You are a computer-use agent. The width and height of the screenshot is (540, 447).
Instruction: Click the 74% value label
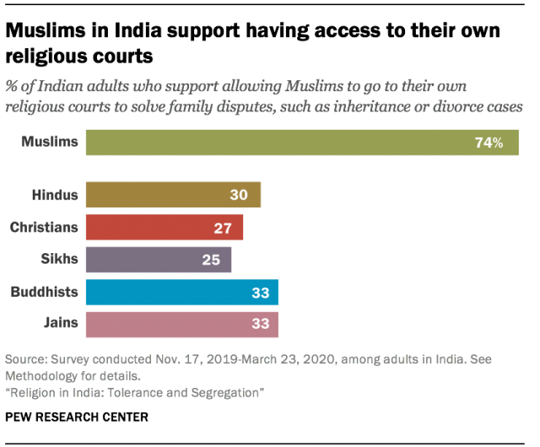point(489,143)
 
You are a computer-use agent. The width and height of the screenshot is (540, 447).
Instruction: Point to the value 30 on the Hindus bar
point(239,195)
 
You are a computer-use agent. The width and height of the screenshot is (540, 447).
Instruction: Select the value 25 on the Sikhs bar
point(210,260)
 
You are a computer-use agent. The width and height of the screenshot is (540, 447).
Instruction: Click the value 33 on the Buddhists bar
point(259,292)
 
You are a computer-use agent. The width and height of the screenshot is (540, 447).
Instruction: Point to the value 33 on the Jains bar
point(259,324)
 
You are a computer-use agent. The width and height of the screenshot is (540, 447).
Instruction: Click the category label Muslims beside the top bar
point(50,143)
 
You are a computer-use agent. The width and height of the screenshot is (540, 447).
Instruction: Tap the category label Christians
point(44,228)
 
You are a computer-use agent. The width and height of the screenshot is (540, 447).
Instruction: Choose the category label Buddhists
point(44,292)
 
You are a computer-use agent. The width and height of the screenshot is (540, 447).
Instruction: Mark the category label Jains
point(60,324)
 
